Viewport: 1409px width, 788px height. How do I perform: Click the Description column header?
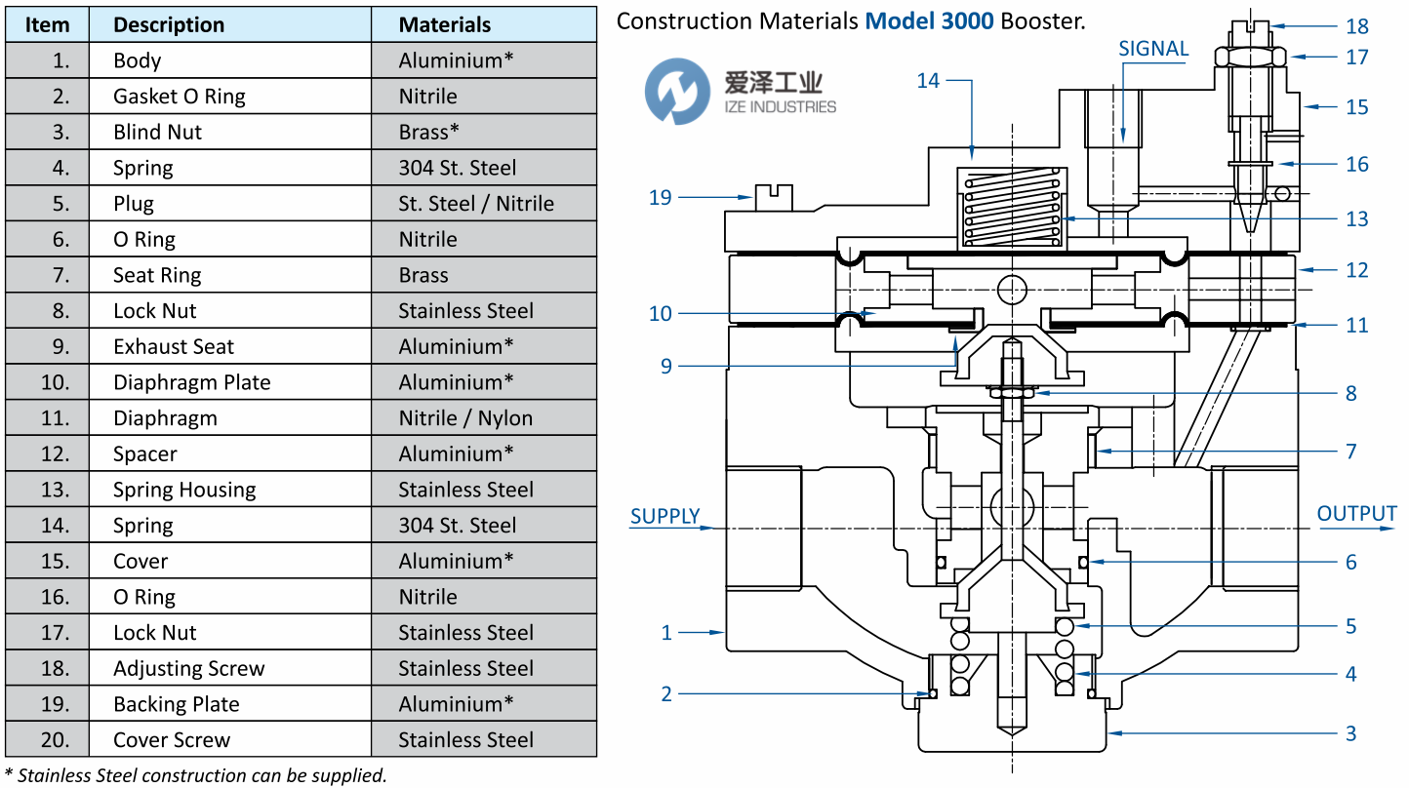pyautogui.click(x=169, y=25)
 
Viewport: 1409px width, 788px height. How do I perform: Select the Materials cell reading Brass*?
pyautogui.click(x=429, y=132)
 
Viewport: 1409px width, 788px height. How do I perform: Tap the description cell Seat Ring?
pyautogui.click(x=157, y=275)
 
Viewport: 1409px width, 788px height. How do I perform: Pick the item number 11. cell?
pyautogui.click(x=56, y=418)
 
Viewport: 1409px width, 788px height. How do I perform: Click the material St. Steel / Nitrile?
pyautogui.click(x=476, y=204)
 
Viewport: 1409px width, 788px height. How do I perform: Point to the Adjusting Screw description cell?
pyautogui.click(x=189, y=669)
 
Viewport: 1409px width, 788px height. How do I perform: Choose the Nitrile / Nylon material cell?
pyautogui.click(x=465, y=418)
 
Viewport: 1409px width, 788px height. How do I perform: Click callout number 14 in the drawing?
pyautogui.click(x=928, y=81)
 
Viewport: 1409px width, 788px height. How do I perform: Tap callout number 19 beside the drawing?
pyautogui.click(x=661, y=198)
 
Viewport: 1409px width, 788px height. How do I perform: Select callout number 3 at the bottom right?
pyautogui.click(x=1351, y=733)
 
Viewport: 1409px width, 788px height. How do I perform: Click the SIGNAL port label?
pyautogui.click(x=1153, y=49)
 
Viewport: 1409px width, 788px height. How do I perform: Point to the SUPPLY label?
pyautogui.click(x=664, y=516)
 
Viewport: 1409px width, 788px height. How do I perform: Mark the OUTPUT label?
pyautogui.click(x=1356, y=514)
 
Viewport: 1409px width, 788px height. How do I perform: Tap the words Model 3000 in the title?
pyautogui.click(x=929, y=20)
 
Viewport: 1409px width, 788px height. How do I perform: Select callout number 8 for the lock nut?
pyautogui.click(x=1351, y=394)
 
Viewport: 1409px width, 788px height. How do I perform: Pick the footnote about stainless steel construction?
pyautogui.click(x=196, y=776)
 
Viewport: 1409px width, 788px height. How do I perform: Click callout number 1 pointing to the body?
pyautogui.click(x=666, y=633)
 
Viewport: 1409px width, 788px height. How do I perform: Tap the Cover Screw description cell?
pyautogui.click(x=172, y=740)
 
